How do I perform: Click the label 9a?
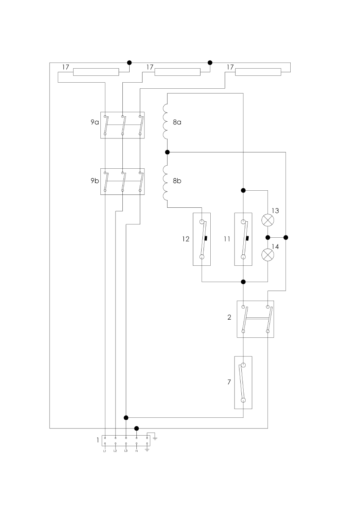(94, 122)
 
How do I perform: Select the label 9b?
(94, 180)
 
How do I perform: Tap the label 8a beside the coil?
(177, 122)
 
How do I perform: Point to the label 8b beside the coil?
(177, 181)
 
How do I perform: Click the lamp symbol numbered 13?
(268, 220)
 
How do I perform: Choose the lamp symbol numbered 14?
(268, 255)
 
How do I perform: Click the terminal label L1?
(105, 451)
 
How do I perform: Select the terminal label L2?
(115, 451)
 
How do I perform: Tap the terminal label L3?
(126, 451)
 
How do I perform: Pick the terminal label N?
(136, 451)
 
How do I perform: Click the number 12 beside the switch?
(186, 239)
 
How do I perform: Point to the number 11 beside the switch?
(227, 239)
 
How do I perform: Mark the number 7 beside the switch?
(229, 382)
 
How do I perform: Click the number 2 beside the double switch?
(229, 317)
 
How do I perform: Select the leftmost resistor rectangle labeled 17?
(96, 72)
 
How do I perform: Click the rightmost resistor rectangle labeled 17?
(258, 72)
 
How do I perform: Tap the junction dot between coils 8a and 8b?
(167, 152)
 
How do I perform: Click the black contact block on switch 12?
(206, 238)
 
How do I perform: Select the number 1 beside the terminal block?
(98, 440)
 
